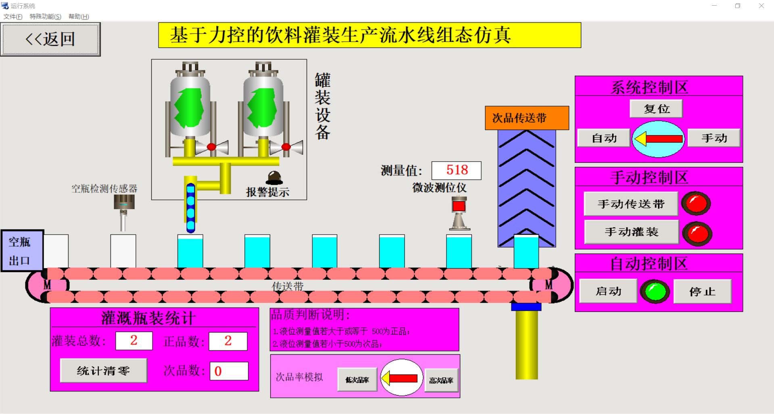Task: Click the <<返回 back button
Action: (x=50, y=39)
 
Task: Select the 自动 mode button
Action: (x=603, y=138)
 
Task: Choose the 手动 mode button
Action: (x=713, y=138)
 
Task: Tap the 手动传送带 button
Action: (x=631, y=204)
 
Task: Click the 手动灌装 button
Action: (x=631, y=232)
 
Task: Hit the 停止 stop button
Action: (x=702, y=291)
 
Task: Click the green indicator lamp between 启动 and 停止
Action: (x=655, y=291)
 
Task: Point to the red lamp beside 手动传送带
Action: (x=696, y=203)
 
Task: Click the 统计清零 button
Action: (x=103, y=370)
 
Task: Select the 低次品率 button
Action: (x=357, y=380)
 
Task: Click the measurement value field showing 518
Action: (x=457, y=170)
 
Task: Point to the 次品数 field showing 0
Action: (x=229, y=371)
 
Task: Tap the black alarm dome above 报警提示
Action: (x=274, y=178)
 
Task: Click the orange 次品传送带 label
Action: (x=527, y=118)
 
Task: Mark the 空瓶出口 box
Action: (x=22, y=251)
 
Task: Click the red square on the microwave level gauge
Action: (x=459, y=206)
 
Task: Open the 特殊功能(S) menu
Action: (x=45, y=17)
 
